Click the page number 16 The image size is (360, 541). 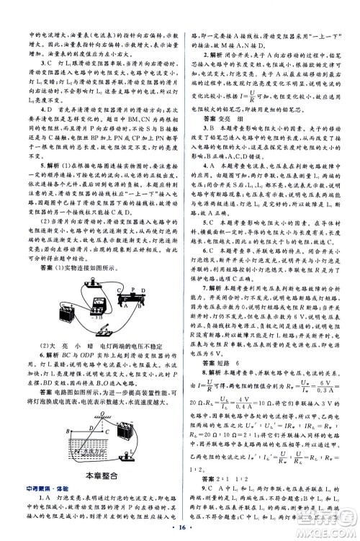point(180,527)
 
